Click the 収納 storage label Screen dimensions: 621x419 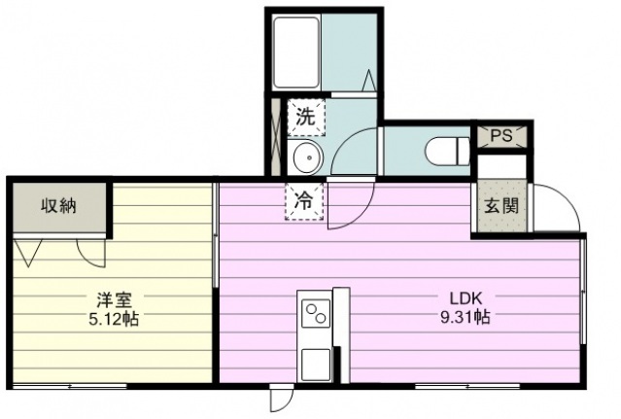pos(58,206)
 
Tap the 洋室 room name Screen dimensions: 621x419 pos(115,300)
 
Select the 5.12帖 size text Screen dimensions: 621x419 pos(114,319)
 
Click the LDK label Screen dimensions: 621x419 pos(466,298)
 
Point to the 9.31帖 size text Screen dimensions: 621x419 pos(466,317)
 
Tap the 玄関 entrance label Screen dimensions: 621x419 pos(501,206)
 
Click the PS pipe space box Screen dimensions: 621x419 pos(501,136)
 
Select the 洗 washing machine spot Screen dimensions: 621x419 pos(306,118)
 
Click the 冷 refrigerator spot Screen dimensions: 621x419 pos(304,202)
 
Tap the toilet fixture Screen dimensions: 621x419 pos(448,151)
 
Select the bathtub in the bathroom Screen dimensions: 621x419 pos(296,52)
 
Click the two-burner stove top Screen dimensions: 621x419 pos(316,313)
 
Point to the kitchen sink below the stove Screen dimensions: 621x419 pos(316,366)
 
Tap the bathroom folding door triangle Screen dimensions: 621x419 pos(368,81)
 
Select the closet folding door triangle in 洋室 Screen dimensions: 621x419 pos(27,252)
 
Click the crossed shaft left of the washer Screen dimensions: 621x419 pos(275,137)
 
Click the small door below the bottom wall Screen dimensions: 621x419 pos(282,399)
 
